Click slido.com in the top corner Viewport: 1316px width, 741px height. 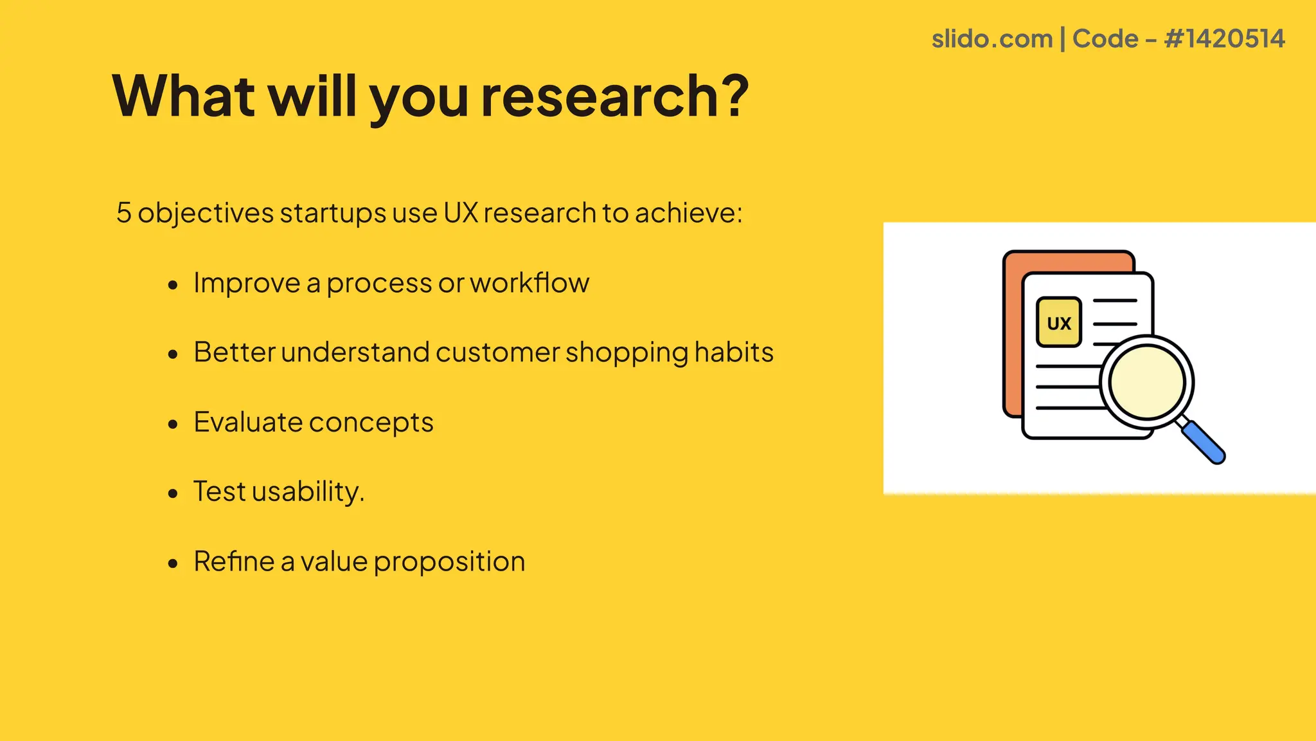click(x=991, y=39)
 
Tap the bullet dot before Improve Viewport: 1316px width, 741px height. click(x=172, y=285)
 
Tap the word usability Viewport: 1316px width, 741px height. click(x=307, y=492)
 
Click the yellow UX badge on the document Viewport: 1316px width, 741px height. click(x=1058, y=322)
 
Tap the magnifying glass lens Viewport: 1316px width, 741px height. click(x=1147, y=383)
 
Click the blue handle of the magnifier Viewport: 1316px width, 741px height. click(x=1204, y=443)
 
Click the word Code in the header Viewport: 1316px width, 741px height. click(x=1105, y=39)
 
